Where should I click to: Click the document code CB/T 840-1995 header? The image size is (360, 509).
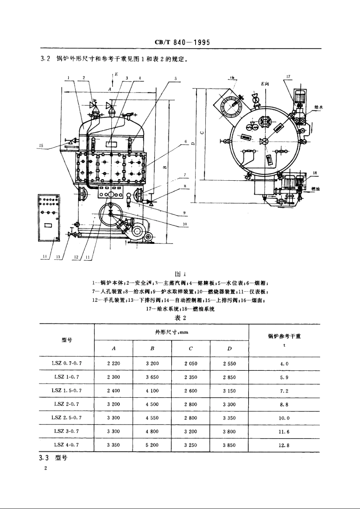click(x=182, y=43)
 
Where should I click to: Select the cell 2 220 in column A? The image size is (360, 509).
click(x=113, y=364)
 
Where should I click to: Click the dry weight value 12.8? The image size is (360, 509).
click(x=284, y=445)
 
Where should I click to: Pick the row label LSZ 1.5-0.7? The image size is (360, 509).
click(x=67, y=390)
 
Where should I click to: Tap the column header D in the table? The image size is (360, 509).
click(x=229, y=349)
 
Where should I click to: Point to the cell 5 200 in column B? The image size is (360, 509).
click(x=152, y=445)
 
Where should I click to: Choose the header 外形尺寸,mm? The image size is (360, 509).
click(x=172, y=333)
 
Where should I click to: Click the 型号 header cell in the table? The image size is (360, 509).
click(x=67, y=340)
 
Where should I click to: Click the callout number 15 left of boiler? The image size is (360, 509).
click(x=41, y=145)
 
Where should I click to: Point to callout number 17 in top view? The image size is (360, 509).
click(x=288, y=77)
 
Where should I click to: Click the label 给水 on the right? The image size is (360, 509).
click(x=318, y=108)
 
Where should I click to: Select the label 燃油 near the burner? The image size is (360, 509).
click(x=315, y=188)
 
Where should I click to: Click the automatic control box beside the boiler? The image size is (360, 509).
click(x=49, y=217)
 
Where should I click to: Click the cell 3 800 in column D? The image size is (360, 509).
click(x=229, y=432)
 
